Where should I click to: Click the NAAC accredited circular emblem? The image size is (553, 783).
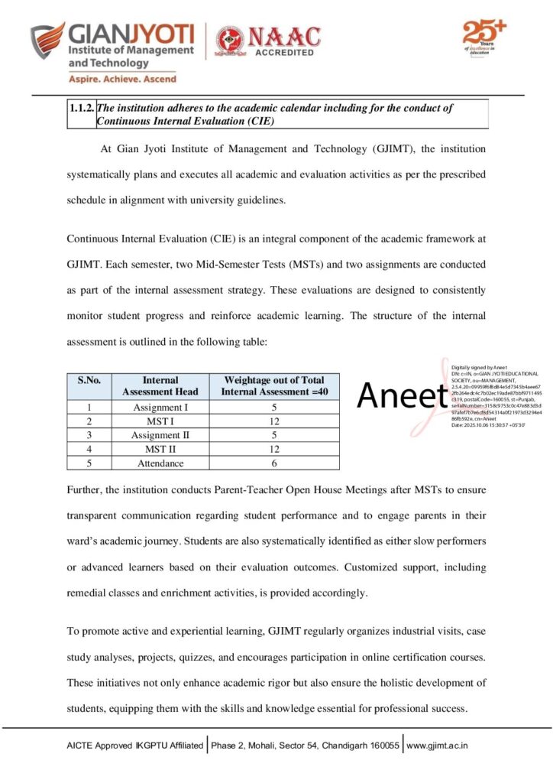point(230,40)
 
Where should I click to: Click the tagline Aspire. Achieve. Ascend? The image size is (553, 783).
point(123,79)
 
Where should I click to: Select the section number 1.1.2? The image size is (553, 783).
point(81,109)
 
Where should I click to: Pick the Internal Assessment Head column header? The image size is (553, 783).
point(160,385)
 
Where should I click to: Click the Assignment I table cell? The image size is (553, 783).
point(160,408)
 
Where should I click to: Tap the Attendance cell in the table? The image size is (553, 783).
point(160,463)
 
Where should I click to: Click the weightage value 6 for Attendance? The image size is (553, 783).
point(273,463)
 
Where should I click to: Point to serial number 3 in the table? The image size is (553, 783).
point(89,435)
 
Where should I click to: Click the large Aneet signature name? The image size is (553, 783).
point(402,395)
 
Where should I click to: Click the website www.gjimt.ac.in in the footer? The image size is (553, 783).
point(438,745)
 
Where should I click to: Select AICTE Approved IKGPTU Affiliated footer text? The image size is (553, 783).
point(135,745)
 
